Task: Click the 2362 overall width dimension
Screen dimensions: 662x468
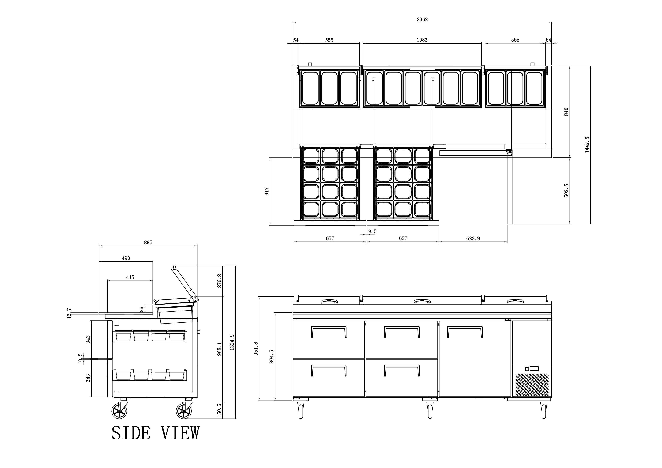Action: coord(422,20)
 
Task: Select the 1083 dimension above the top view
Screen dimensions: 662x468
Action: coord(422,40)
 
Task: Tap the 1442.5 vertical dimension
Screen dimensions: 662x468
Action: coord(587,145)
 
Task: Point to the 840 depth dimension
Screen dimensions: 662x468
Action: coord(566,112)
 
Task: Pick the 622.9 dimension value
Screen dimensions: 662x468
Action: coord(473,238)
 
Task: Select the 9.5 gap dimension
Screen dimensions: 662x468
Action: coord(372,232)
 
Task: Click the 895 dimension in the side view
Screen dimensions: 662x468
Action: coord(148,243)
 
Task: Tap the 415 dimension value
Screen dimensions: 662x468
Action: coord(130,277)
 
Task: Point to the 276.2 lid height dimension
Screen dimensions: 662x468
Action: coord(219,281)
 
